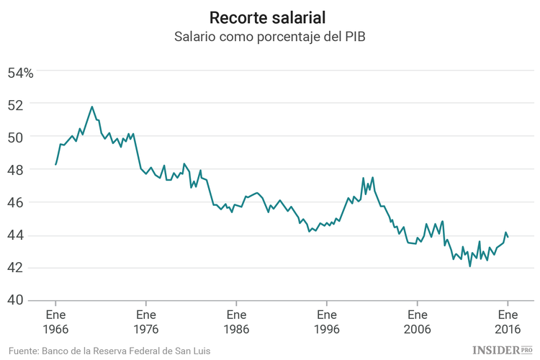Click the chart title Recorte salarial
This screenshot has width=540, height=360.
coord(270,17)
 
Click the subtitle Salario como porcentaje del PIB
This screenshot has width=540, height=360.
coord(270,37)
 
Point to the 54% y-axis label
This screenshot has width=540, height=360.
coord(20,72)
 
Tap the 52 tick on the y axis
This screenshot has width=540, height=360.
coord(16,104)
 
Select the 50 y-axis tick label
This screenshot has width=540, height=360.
coord(16,137)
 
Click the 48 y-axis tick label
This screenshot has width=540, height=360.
coord(16,170)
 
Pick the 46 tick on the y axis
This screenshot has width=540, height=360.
coord(16,203)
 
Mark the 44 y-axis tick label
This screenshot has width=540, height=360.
coord(16,235)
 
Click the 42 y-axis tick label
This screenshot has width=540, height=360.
coord(16,268)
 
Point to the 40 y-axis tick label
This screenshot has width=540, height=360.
coord(16,300)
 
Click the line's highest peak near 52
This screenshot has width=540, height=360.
coord(92,107)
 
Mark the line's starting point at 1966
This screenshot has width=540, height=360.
coord(55,165)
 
